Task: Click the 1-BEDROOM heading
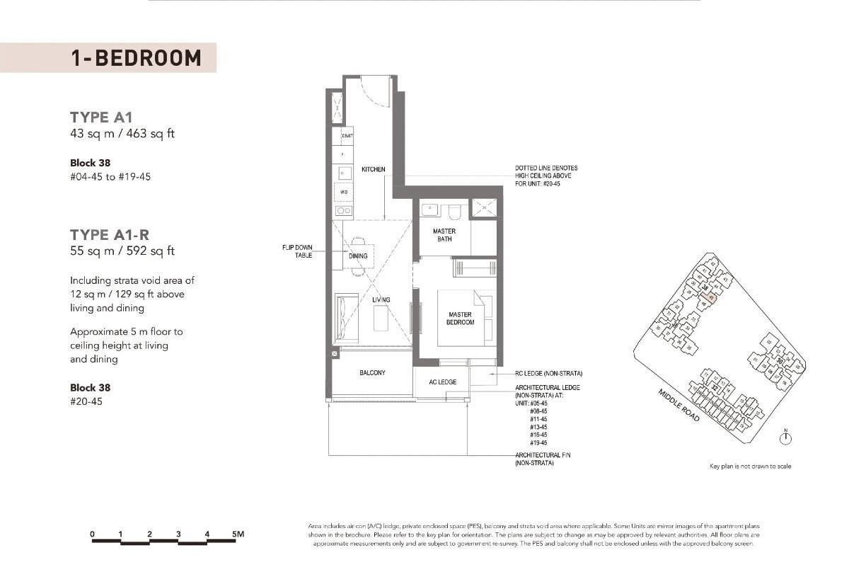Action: click(136, 58)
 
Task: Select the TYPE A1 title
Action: click(101, 118)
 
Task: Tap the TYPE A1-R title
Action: click(110, 234)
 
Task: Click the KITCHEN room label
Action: click(374, 170)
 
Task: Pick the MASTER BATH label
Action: click(444, 235)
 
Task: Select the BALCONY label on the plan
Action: click(372, 372)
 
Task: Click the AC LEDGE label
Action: click(443, 382)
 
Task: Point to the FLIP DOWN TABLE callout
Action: click(299, 251)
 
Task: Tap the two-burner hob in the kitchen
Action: click(344, 210)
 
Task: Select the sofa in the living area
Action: click(343, 317)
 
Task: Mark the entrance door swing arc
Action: click(372, 88)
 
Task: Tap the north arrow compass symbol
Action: click(785, 439)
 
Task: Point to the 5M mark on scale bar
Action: click(237, 534)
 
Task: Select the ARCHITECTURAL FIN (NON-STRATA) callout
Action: click(534, 459)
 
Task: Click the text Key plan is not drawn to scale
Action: click(751, 466)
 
